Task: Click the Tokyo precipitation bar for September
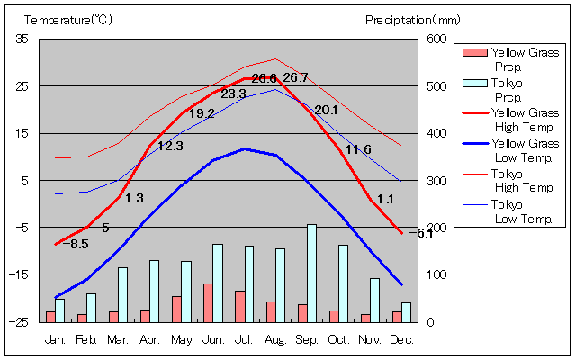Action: [311, 273]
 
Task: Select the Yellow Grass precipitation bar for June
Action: [208, 302]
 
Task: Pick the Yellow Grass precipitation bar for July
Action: [239, 306]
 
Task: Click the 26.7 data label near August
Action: [295, 78]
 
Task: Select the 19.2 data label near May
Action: [202, 113]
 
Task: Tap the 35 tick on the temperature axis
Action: [22, 39]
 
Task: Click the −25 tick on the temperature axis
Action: [19, 321]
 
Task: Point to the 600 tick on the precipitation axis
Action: [436, 39]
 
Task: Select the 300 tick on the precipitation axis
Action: [436, 181]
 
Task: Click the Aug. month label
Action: [275, 340]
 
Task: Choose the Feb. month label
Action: [86, 340]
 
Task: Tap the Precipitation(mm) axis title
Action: [412, 19]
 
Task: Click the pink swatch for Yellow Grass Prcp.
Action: [473, 53]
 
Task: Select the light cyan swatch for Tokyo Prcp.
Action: [473, 84]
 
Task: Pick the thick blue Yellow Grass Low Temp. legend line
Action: [473, 144]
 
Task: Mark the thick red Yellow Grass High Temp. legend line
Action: [473, 113]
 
